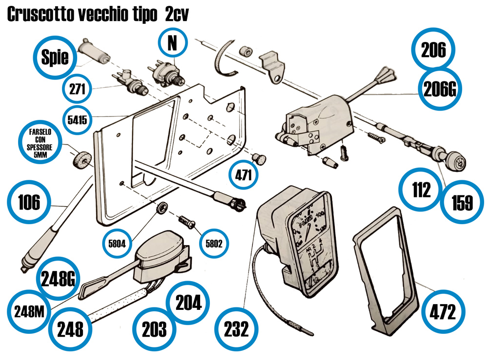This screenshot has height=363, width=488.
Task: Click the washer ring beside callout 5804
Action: click(161, 207)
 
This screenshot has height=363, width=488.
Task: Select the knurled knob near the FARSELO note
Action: click(81, 159)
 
